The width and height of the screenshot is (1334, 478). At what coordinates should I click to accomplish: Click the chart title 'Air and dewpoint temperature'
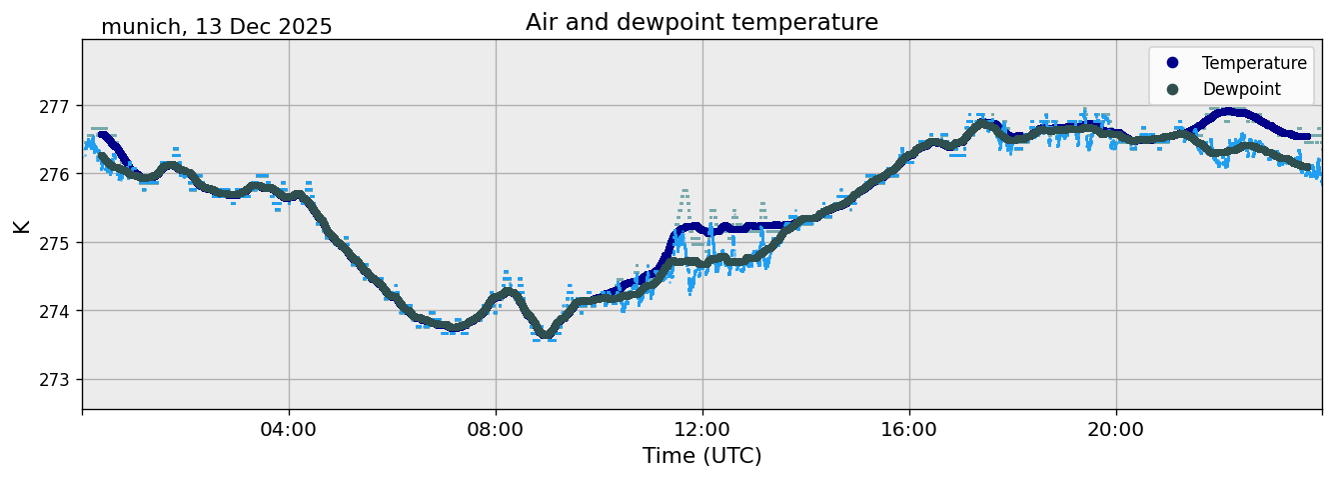pyautogui.click(x=701, y=22)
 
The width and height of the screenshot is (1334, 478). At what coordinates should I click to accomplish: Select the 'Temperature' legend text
pyautogui.click(x=1254, y=63)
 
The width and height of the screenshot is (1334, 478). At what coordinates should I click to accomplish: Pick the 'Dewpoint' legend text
pyautogui.click(x=1241, y=89)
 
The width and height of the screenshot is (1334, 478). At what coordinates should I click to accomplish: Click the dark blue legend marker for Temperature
pyautogui.click(x=1173, y=63)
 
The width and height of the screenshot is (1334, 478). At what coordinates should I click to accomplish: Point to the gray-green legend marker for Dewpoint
pyautogui.click(x=1173, y=89)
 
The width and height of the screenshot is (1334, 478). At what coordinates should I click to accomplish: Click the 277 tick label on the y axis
pyautogui.click(x=59, y=106)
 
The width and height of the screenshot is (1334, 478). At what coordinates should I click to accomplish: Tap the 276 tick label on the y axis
pyautogui.click(x=59, y=174)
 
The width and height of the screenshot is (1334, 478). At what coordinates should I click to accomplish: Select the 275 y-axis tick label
pyautogui.click(x=59, y=243)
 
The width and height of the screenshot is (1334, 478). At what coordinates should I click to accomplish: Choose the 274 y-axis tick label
pyautogui.click(x=59, y=311)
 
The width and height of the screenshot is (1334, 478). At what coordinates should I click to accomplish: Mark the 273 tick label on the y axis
pyautogui.click(x=59, y=380)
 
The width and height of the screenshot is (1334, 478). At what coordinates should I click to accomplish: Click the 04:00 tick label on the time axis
pyautogui.click(x=289, y=430)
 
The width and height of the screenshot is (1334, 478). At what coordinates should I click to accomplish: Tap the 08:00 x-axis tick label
pyautogui.click(x=496, y=430)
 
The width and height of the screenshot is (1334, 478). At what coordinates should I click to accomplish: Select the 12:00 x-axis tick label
pyautogui.click(x=702, y=430)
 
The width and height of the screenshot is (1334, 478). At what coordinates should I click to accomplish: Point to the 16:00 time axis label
pyautogui.click(x=909, y=430)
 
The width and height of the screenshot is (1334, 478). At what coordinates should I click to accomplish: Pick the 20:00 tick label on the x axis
pyautogui.click(x=1116, y=430)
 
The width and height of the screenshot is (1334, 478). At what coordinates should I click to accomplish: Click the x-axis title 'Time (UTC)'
pyautogui.click(x=701, y=456)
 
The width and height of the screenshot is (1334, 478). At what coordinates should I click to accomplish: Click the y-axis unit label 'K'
pyautogui.click(x=22, y=226)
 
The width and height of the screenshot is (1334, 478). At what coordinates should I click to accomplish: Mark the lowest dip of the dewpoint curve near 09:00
pyautogui.click(x=546, y=334)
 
